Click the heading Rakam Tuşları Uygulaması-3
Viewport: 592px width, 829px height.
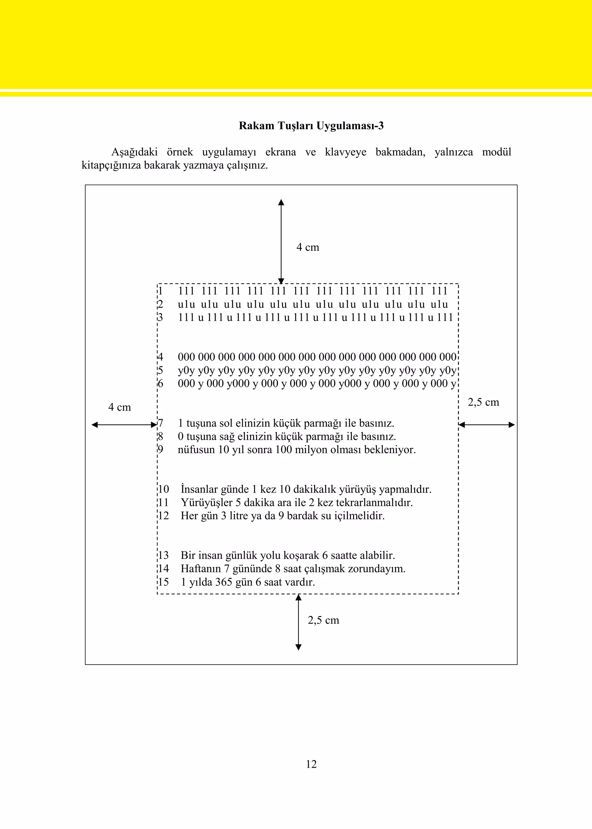pos(311,126)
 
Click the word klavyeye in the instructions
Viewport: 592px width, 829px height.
pos(346,152)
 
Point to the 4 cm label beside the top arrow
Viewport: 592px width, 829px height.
pos(308,247)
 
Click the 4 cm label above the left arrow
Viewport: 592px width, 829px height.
pos(120,407)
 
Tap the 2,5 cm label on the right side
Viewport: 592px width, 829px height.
pos(483,402)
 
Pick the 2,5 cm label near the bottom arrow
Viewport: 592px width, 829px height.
pos(323,620)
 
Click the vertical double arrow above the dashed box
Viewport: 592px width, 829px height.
pos(281,241)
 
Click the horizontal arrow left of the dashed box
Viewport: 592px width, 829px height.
pos(124,424)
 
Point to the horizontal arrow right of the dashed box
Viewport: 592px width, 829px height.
pos(487,424)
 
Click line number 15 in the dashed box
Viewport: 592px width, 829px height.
pos(164,582)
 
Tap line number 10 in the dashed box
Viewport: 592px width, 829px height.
pos(164,489)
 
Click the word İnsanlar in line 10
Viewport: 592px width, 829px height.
pos(199,489)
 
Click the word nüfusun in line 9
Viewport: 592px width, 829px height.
pos(196,450)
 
